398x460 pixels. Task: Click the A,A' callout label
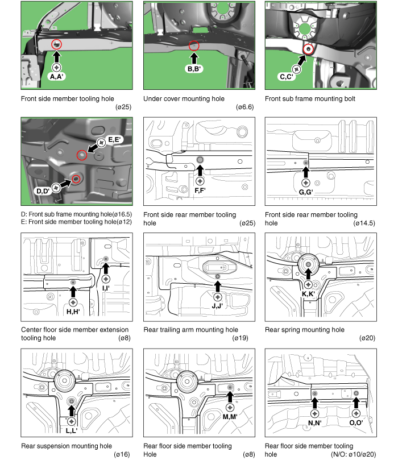tap(57, 77)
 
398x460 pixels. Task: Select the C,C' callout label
tap(287, 77)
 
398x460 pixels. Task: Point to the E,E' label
tap(114, 140)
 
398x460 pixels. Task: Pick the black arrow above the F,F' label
tap(200, 171)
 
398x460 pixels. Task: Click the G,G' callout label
tap(306, 192)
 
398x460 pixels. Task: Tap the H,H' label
tap(73, 312)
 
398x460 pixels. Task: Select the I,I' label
tap(106, 288)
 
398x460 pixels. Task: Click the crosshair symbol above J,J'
tap(218, 297)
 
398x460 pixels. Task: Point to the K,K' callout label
tap(308, 294)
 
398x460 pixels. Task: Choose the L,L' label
tap(72, 430)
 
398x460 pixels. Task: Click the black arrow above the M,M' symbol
tap(230, 397)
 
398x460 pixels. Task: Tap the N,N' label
tap(315, 422)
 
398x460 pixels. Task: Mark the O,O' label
tap(356, 422)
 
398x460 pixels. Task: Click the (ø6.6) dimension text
tap(244, 107)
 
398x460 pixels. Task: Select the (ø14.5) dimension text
tap(364, 223)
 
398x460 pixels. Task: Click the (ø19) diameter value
tap(240, 338)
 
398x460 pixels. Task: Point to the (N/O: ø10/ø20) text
tap(353, 454)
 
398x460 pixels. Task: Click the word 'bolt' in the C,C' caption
tap(349, 98)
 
